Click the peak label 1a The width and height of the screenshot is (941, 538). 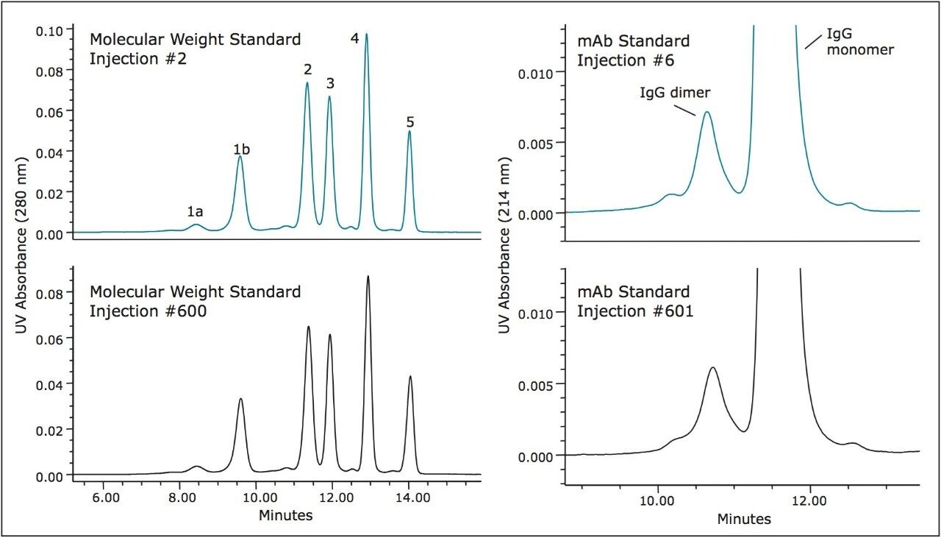coord(195,212)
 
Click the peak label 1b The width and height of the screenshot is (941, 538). coord(242,149)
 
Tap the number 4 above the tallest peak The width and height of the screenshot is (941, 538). coord(355,39)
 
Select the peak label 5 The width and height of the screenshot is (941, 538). coord(410,122)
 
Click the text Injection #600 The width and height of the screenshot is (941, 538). coord(148,311)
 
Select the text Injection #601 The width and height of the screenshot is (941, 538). coord(635,311)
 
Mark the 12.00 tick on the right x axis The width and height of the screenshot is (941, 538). coord(810,501)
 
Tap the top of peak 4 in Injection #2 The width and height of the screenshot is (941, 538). coord(366,34)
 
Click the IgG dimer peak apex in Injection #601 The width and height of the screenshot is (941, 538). coord(712,367)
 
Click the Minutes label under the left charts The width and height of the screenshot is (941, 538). coord(285,515)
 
